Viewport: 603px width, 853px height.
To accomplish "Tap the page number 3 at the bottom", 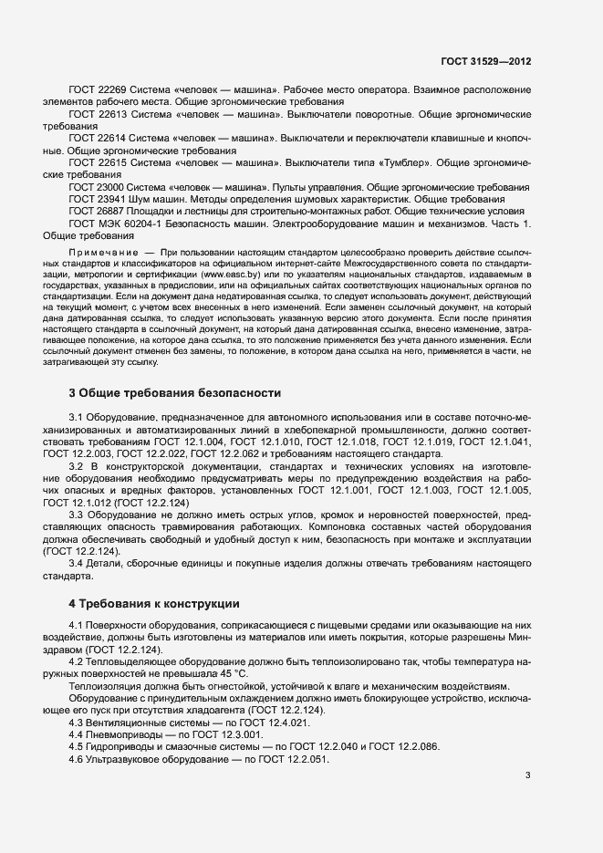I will (x=527, y=776).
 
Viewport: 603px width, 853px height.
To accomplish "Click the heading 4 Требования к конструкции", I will (x=154, y=603).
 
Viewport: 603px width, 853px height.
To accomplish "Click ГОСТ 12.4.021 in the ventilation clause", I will (x=231, y=722).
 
